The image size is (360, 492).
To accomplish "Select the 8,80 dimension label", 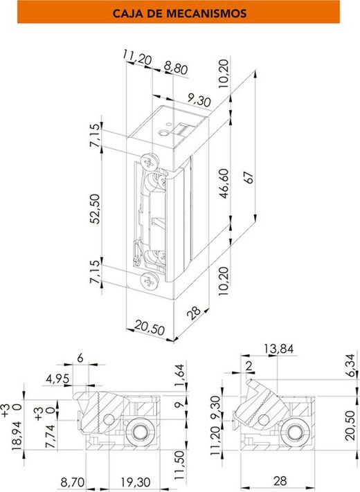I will point(176,68).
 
